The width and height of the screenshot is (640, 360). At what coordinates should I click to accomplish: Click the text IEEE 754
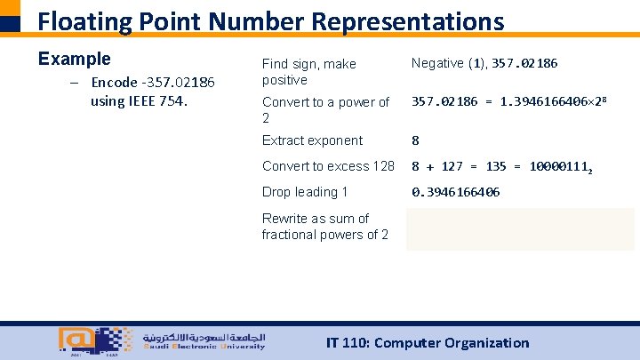click(x=154, y=100)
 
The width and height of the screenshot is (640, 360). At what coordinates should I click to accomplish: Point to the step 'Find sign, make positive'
click(x=308, y=72)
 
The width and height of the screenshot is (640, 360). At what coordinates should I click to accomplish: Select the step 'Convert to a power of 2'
click(x=325, y=109)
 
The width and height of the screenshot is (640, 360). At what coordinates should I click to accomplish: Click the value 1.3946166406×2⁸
click(x=557, y=102)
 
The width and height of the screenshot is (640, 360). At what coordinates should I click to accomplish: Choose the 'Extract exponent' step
click(x=312, y=140)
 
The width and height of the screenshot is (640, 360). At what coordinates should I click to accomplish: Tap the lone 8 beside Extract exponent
click(x=414, y=140)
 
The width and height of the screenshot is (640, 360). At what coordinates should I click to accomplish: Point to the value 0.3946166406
click(x=455, y=192)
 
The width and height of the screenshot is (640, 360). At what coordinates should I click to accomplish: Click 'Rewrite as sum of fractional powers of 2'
click(x=324, y=227)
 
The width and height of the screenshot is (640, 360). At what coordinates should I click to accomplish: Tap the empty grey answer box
click(x=520, y=228)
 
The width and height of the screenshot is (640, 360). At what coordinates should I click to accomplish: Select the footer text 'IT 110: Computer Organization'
click(x=428, y=343)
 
